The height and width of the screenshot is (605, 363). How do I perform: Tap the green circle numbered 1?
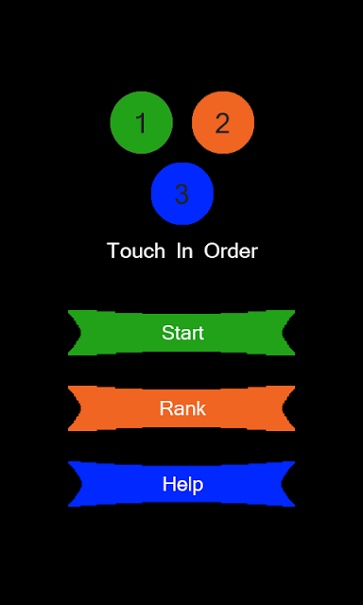pyautogui.click(x=141, y=122)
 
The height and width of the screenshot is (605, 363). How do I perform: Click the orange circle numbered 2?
pyautogui.click(x=223, y=122)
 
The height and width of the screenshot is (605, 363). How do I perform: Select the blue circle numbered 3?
pyautogui.click(x=182, y=193)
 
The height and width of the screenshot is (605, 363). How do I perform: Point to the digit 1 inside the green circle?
pyautogui.click(x=142, y=123)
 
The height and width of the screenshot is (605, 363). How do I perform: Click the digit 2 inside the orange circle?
pyautogui.click(x=222, y=123)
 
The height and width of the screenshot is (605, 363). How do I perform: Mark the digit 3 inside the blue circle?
pyautogui.click(x=181, y=194)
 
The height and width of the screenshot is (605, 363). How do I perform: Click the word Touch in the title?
pyautogui.click(x=136, y=251)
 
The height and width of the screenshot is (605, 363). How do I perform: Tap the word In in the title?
pyautogui.click(x=184, y=251)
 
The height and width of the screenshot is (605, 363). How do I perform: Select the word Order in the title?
pyautogui.click(x=231, y=251)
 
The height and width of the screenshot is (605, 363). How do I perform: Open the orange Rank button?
pyautogui.click(x=181, y=408)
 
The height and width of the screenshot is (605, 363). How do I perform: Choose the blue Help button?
pyautogui.click(x=181, y=484)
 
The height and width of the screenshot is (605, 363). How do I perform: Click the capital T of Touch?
pyautogui.click(x=113, y=251)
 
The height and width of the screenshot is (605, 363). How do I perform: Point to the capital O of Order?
pyautogui.click(x=212, y=251)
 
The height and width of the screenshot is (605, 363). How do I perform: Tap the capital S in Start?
pyautogui.click(x=167, y=333)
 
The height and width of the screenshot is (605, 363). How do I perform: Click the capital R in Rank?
pyautogui.click(x=166, y=408)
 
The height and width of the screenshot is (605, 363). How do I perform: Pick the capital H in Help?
pyautogui.click(x=169, y=484)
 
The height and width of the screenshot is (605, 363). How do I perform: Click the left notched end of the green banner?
pyautogui.click(x=76, y=333)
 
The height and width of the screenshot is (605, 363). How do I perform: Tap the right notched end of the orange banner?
pyautogui.click(x=287, y=408)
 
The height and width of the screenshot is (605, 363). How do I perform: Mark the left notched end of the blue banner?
pyautogui.click(x=76, y=484)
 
